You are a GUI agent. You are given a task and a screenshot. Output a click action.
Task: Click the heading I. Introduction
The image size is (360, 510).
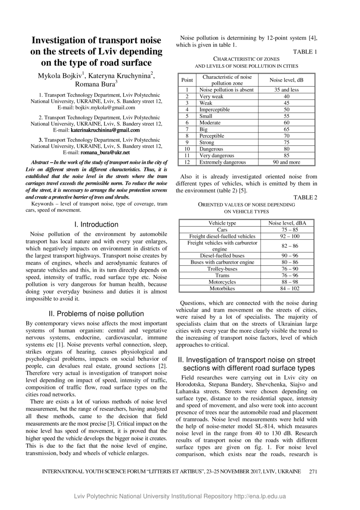[97, 225]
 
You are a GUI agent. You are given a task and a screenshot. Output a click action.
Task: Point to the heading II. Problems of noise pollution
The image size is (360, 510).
[97, 314]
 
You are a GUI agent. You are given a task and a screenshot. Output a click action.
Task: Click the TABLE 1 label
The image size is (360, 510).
[305, 52]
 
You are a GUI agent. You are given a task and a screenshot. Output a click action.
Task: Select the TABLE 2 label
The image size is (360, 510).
[305, 197]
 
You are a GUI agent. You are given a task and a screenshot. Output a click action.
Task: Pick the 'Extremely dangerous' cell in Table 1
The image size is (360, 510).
[222, 162]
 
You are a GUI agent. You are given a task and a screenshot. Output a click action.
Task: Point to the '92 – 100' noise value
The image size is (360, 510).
[290, 236]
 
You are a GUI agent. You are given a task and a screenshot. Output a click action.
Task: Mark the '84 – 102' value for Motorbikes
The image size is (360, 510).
[290, 289]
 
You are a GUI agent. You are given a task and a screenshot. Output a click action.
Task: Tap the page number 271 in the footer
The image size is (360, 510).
[313, 471]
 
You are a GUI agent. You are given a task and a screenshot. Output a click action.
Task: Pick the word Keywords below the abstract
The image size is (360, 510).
[43, 204]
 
